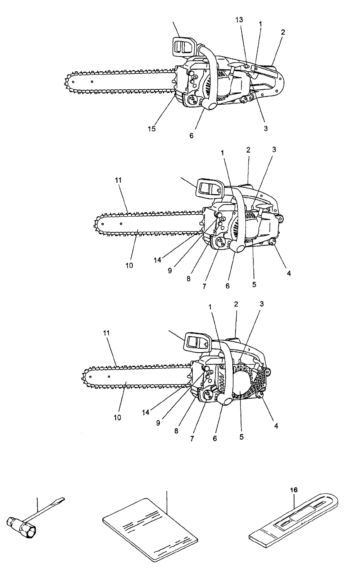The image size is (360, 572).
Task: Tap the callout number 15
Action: coord(151,129)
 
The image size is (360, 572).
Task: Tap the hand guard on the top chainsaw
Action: coord(183,46)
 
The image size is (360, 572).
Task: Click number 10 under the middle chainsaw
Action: coord(129,265)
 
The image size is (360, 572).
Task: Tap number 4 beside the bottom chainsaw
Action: coord(276,426)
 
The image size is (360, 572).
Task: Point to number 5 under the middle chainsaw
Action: coord(254,285)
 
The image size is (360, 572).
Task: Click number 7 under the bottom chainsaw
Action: coord(192,438)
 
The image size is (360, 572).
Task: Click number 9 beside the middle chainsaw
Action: coord(170,270)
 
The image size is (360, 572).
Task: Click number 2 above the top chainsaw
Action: coord(283,32)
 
